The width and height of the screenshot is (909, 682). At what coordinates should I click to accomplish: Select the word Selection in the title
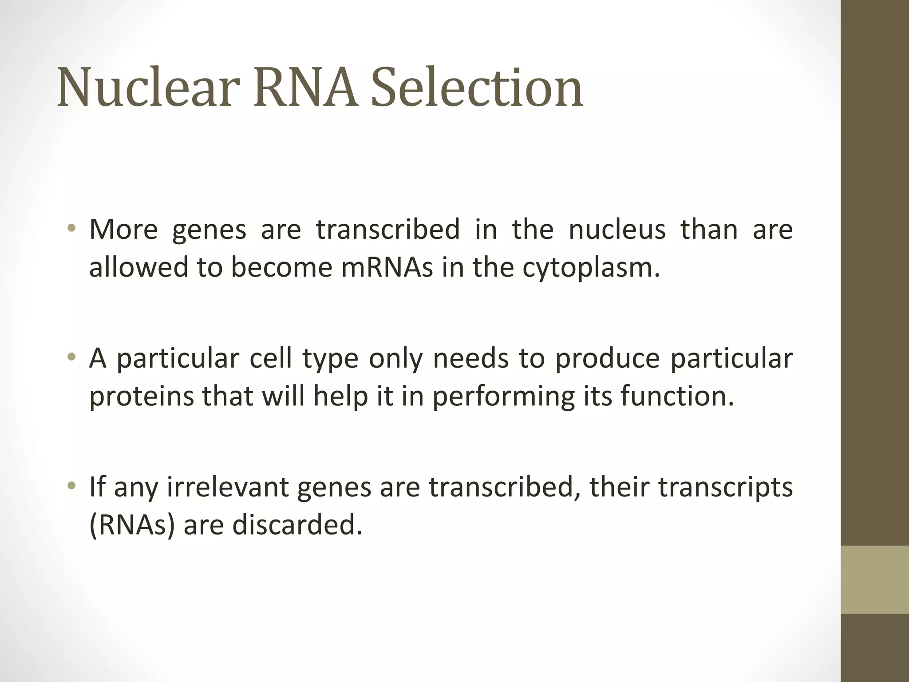click(x=477, y=87)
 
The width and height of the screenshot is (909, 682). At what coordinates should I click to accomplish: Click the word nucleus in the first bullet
click(x=617, y=230)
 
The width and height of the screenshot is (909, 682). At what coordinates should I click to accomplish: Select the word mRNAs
click(x=387, y=268)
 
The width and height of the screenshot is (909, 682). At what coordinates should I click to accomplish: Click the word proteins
click(x=142, y=397)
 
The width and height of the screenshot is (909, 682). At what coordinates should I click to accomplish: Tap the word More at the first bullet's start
click(x=123, y=230)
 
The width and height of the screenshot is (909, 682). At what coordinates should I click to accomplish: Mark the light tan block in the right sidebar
click(x=874, y=579)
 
